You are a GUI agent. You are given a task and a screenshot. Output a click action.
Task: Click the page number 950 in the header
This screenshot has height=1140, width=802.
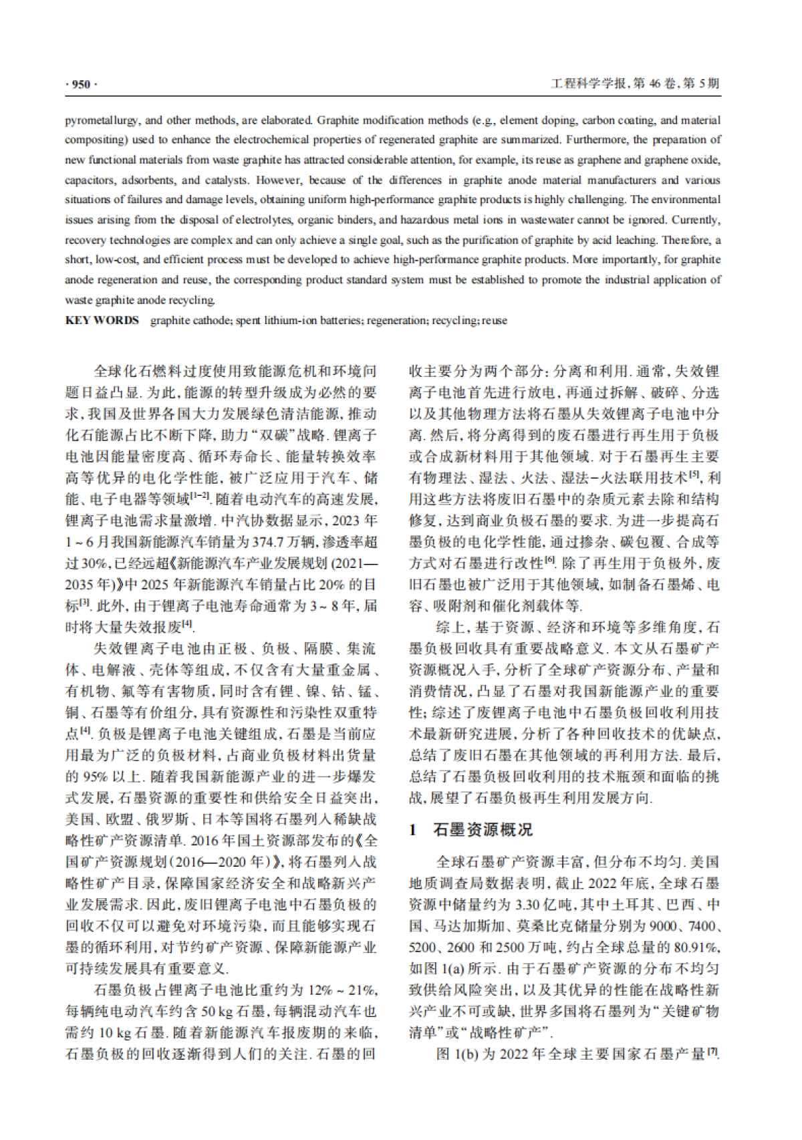(80, 84)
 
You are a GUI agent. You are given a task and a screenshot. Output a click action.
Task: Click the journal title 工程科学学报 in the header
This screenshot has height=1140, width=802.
(588, 84)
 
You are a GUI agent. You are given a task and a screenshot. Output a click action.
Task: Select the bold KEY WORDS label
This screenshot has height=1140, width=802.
(102, 320)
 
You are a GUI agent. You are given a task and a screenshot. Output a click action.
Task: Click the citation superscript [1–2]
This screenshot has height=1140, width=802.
(200, 496)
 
